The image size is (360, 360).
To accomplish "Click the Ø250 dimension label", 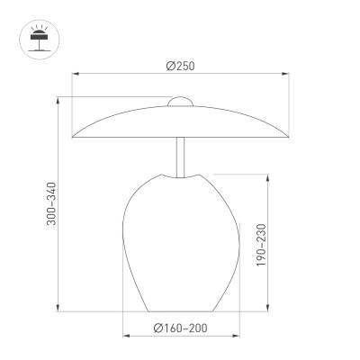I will point(182,64).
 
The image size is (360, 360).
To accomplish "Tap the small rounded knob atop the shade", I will point(181,100).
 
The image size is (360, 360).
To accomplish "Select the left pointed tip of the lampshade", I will point(71,138).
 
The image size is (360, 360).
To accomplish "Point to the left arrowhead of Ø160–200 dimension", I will point(125,337).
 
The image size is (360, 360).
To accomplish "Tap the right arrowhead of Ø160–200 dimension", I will point(238,337).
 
